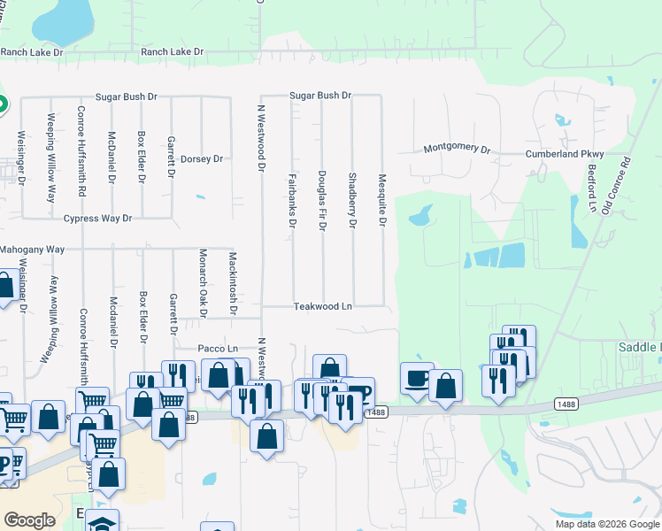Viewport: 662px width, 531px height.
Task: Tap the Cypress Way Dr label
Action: pyautogui.click(x=97, y=218)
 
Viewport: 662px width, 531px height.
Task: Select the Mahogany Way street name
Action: pyautogui.click(x=32, y=250)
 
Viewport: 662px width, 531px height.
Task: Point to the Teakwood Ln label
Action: pyautogui.click(x=323, y=306)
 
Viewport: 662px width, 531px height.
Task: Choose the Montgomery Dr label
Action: pyautogui.click(x=457, y=149)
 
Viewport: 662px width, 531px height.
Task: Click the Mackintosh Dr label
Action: pyautogui.click(x=233, y=283)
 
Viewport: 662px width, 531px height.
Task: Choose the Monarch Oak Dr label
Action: pyautogui.click(x=203, y=283)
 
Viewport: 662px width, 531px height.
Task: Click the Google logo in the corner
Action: pyautogui.click(x=29, y=520)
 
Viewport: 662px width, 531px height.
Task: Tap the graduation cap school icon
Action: pyautogui.click(x=102, y=523)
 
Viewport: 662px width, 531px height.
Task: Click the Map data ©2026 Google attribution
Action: pyautogui.click(x=607, y=524)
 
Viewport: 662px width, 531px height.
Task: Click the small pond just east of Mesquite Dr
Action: pyautogui.click(x=420, y=215)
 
